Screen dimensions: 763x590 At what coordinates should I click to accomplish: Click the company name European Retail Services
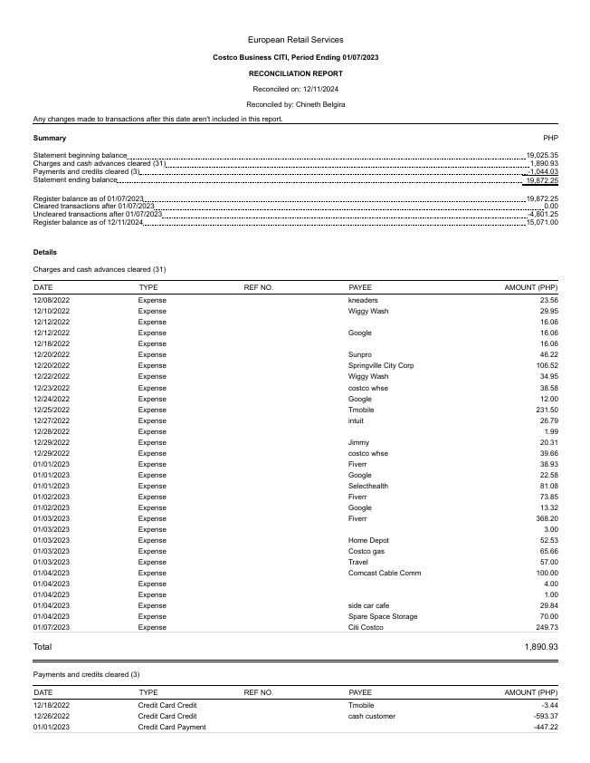tap(295, 40)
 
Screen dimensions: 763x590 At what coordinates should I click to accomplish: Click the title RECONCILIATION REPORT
tap(295, 73)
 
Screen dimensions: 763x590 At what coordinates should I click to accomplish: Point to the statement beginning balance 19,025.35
tap(542, 156)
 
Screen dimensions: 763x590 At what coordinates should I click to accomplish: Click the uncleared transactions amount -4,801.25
tap(542, 214)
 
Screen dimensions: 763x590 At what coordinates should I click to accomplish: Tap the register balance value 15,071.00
tap(542, 222)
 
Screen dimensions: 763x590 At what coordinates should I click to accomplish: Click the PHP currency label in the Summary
tap(550, 138)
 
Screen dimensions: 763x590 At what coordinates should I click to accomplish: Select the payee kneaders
tap(363, 300)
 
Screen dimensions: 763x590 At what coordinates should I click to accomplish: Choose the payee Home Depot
tap(369, 540)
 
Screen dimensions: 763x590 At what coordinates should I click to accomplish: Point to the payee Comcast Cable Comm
tap(385, 573)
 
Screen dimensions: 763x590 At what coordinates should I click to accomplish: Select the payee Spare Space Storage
tap(383, 616)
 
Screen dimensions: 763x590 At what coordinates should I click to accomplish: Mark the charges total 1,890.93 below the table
tap(541, 647)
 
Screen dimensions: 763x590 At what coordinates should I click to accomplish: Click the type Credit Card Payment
tap(171, 727)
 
